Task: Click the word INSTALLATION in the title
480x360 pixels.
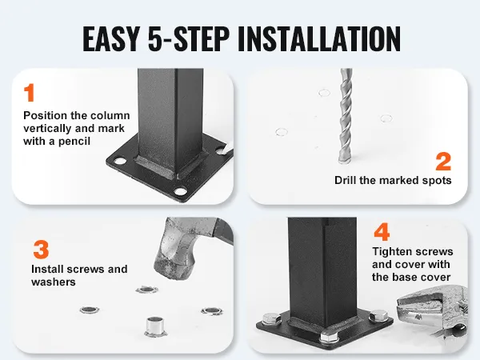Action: point(318,38)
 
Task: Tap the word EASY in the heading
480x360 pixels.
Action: point(111,38)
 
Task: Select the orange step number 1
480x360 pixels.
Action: point(29,93)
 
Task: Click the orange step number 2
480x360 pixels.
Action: point(443,162)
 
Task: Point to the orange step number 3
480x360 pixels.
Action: point(41,250)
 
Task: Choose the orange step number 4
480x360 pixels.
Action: point(382,232)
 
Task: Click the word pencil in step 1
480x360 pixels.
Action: point(74,142)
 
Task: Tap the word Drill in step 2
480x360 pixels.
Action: point(346,180)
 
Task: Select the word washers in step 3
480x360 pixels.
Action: point(54,282)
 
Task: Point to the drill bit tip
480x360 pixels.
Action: point(345,161)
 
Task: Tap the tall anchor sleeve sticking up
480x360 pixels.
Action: point(155,326)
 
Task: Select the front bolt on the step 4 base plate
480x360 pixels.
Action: point(330,337)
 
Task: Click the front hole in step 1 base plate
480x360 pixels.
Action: point(181,192)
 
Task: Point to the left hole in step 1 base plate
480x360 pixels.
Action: point(119,161)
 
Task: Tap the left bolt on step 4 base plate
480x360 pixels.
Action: point(272,318)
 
